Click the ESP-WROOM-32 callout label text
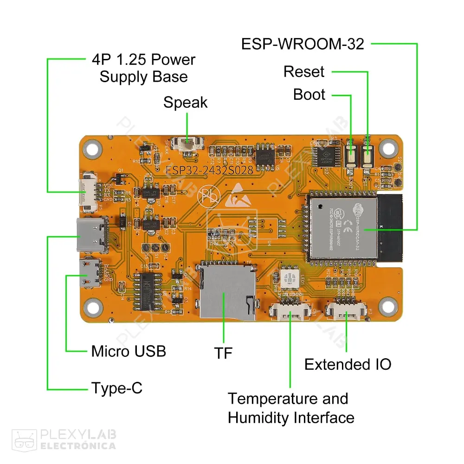coord(303,44)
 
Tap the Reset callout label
coord(304,72)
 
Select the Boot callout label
coord(309,95)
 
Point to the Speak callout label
coord(185,103)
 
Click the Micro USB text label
coord(129,351)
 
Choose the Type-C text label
coord(117,388)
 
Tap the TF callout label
coord(223,353)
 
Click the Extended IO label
coord(348,364)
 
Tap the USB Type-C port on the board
coord(93,235)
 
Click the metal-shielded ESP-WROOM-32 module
coord(343,227)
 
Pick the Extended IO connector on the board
coord(345,311)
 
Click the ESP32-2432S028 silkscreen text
coord(210,170)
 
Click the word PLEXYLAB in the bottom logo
coord(78,435)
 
